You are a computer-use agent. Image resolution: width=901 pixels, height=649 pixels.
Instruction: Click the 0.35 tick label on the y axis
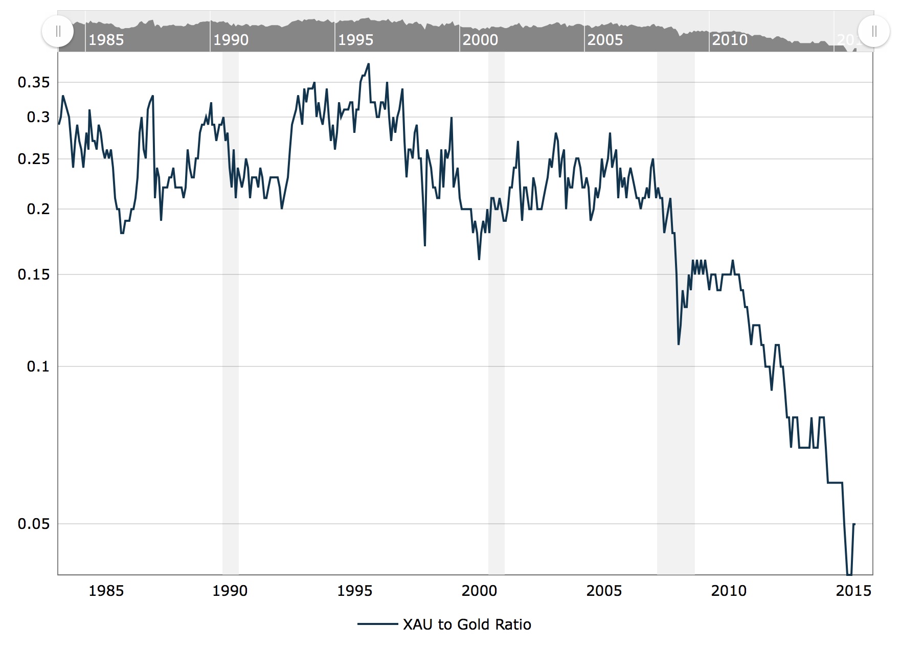pos(34,82)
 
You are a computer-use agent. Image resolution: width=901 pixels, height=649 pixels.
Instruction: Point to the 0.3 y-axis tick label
pos(38,117)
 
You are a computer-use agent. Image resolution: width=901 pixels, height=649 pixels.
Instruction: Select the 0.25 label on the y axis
pos(34,159)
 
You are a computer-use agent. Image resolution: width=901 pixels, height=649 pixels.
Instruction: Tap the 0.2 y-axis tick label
pos(38,209)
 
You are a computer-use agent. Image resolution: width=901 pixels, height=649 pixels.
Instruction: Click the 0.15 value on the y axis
pos(34,274)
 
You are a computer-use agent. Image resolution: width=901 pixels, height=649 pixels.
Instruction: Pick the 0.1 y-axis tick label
pos(38,366)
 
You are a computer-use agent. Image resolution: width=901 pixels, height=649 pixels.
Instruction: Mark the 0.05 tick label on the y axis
pos(34,524)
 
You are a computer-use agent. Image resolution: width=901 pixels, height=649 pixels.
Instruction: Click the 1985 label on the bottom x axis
pos(106,591)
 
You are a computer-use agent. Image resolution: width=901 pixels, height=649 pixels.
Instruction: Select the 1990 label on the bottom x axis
pos(230,591)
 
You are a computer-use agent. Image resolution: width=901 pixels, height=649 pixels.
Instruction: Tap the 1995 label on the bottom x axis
pos(355,591)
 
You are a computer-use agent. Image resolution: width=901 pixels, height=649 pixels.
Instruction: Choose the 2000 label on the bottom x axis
pos(479,591)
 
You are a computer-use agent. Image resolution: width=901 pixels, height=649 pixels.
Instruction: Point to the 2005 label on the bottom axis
pos(604,591)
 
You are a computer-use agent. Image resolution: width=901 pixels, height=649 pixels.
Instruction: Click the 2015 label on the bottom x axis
pos(853,591)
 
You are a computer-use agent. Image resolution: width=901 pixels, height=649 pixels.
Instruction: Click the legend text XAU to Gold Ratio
pos(467,624)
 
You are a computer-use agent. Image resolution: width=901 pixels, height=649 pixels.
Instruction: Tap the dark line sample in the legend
pos(377,624)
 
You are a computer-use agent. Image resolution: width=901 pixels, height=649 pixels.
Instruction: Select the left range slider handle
pos(58,31)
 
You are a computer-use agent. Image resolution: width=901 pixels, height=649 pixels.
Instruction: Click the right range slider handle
pos(874,31)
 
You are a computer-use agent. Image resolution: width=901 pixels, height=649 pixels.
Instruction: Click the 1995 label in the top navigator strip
pos(355,40)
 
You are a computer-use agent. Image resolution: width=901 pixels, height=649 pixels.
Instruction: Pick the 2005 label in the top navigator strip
pos(605,40)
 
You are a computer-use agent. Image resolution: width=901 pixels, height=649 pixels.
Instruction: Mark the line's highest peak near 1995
pos(368,64)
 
